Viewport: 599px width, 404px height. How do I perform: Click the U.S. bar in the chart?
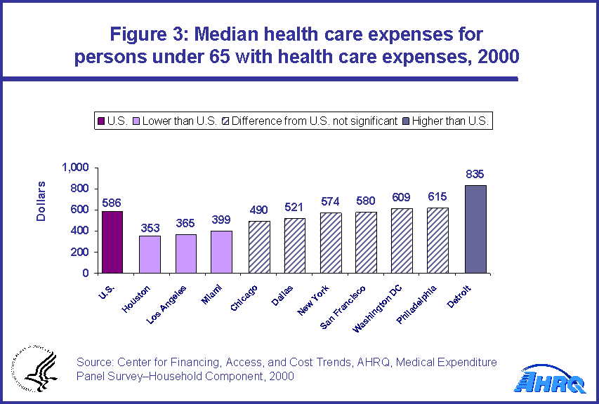(x=112, y=242)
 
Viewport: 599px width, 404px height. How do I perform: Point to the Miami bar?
(x=220, y=252)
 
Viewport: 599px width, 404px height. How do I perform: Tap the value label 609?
(x=402, y=197)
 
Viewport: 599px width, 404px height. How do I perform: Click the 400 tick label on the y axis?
(x=79, y=231)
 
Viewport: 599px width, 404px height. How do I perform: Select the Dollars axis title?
(x=41, y=201)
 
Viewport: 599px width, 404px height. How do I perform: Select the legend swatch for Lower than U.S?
(x=136, y=121)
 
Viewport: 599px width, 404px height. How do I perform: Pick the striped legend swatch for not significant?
(x=225, y=121)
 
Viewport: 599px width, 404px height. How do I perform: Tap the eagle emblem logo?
(x=31, y=369)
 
